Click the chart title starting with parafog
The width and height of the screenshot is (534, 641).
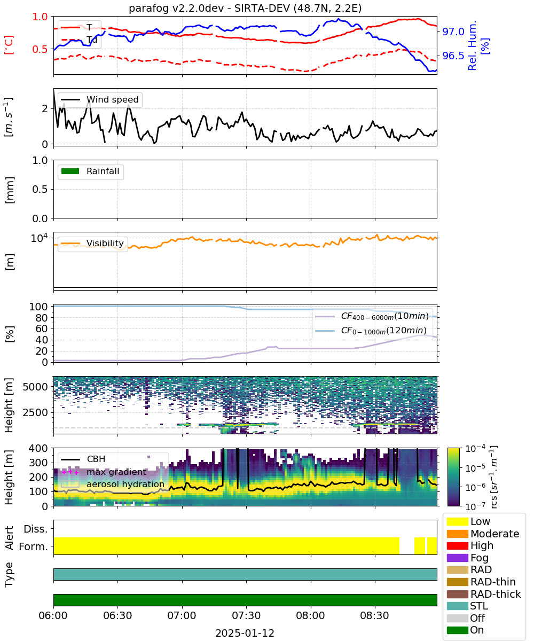click(x=245, y=8)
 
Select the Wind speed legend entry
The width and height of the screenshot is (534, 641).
click(x=100, y=99)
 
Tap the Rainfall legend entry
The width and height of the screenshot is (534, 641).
click(x=90, y=171)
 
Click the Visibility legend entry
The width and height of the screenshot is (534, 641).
click(x=92, y=243)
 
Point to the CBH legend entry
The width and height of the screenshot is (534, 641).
click(x=83, y=459)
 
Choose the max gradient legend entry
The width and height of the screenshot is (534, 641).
click(x=104, y=472)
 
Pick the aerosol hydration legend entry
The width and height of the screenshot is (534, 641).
click(x=113, y=484)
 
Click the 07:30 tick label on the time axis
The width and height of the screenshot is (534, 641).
click(x=246, y=615)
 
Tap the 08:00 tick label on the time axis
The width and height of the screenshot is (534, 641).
click(x=311, y=615)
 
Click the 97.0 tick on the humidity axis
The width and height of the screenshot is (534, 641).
click(x=453, y=32)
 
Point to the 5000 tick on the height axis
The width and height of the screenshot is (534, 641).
click(x=36, y=387)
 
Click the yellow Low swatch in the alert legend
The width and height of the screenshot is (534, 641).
click(x=457, y=521)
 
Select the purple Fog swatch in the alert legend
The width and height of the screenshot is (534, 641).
click(x=457, y=558)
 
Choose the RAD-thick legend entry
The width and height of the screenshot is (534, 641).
click(x=484, y=594)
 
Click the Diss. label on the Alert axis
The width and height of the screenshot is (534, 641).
click(x=36, y=529)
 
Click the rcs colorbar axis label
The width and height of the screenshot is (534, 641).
click(x=493, y=477)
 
